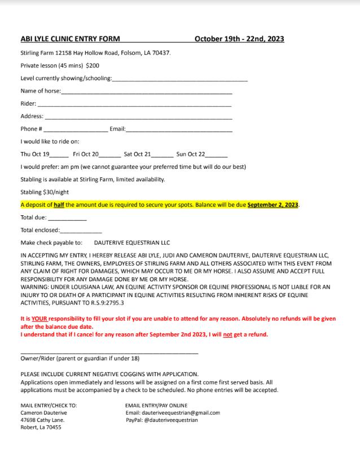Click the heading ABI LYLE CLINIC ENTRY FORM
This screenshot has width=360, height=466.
coord(69,39)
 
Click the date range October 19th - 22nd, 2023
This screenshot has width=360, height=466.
coord(239,39)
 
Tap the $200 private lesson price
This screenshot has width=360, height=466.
coord(93,66)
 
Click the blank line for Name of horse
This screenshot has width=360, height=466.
coord(146,92)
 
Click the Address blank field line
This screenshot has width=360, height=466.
coord(138,117)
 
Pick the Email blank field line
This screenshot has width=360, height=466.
coord(179,130)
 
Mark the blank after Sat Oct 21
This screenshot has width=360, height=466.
coord(163,155)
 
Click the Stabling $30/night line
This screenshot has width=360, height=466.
coord(45,192)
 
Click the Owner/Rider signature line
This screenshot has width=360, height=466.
coord(109,353)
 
